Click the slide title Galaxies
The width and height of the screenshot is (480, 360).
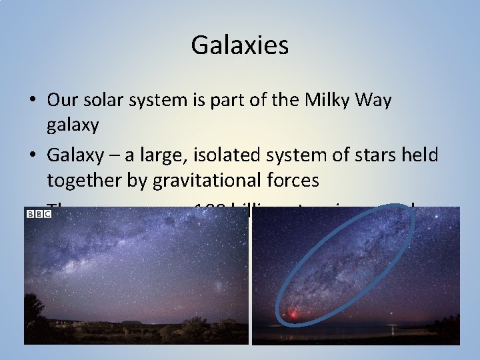(x=239, y=45)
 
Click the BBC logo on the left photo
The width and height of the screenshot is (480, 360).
(x=39, y=213)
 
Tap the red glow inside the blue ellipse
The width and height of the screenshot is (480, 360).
(x=293, y=313)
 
